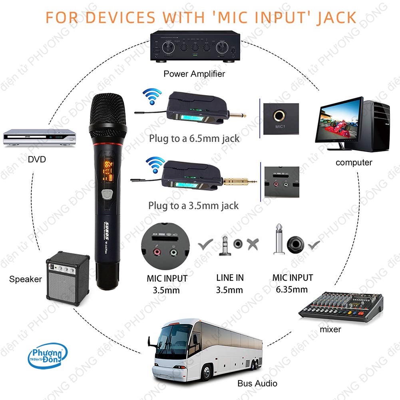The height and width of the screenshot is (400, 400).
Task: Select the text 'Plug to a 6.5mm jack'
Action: coord(194,139)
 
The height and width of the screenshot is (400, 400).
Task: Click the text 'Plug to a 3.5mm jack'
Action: coord(193,206)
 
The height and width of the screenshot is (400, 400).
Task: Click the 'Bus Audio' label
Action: coord(257,383)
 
